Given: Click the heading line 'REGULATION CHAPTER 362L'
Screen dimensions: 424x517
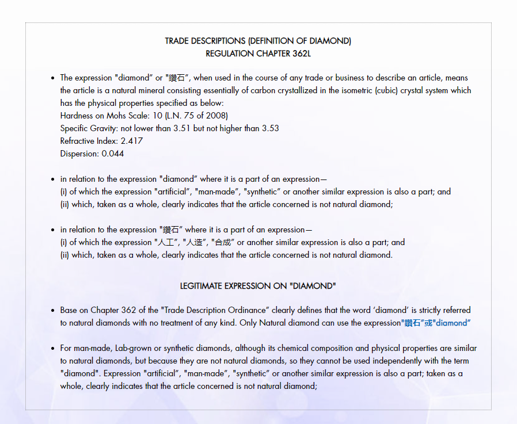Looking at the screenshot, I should pos(258,54).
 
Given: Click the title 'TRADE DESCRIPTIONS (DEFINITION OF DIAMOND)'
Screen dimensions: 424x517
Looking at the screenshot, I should pos(258,41).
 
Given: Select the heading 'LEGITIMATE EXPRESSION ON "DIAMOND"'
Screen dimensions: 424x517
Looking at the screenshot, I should pos(258,286).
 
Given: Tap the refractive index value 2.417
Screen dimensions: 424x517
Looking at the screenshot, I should pos(132,141).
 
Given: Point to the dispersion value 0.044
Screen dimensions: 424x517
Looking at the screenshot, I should pos(113,154).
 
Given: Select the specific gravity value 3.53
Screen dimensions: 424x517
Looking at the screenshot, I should pos(270,128).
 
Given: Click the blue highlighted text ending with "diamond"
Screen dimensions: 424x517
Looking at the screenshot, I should pos(435,323).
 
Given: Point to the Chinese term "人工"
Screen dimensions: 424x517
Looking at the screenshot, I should pos(166,242).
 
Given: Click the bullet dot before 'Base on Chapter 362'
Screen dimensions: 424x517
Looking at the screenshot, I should pos(52,311).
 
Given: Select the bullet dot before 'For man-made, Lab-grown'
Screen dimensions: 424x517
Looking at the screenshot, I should pos(52,349).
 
